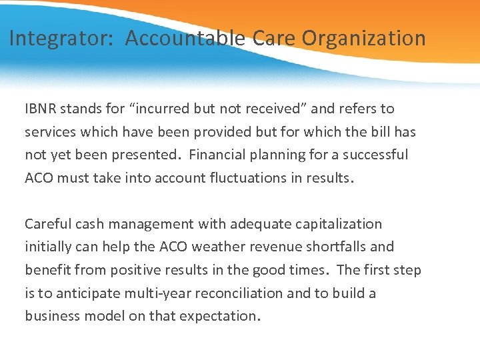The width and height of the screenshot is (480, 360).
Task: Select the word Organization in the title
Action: pos(363,39)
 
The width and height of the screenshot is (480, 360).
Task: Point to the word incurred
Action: pos(164,109)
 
